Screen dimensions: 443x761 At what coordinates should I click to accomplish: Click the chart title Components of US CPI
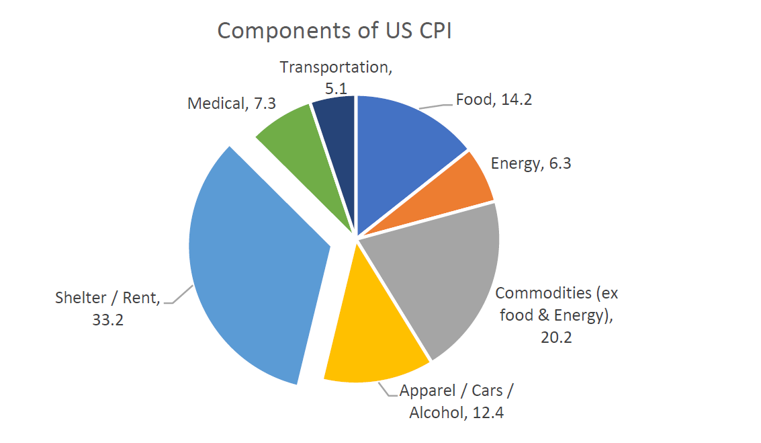pos(334,32)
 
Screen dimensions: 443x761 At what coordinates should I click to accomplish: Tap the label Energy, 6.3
pos(531,163)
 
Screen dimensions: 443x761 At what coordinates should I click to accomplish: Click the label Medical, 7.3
pos(232,104)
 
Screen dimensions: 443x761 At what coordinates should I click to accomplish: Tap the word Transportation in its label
pos(334,68)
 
